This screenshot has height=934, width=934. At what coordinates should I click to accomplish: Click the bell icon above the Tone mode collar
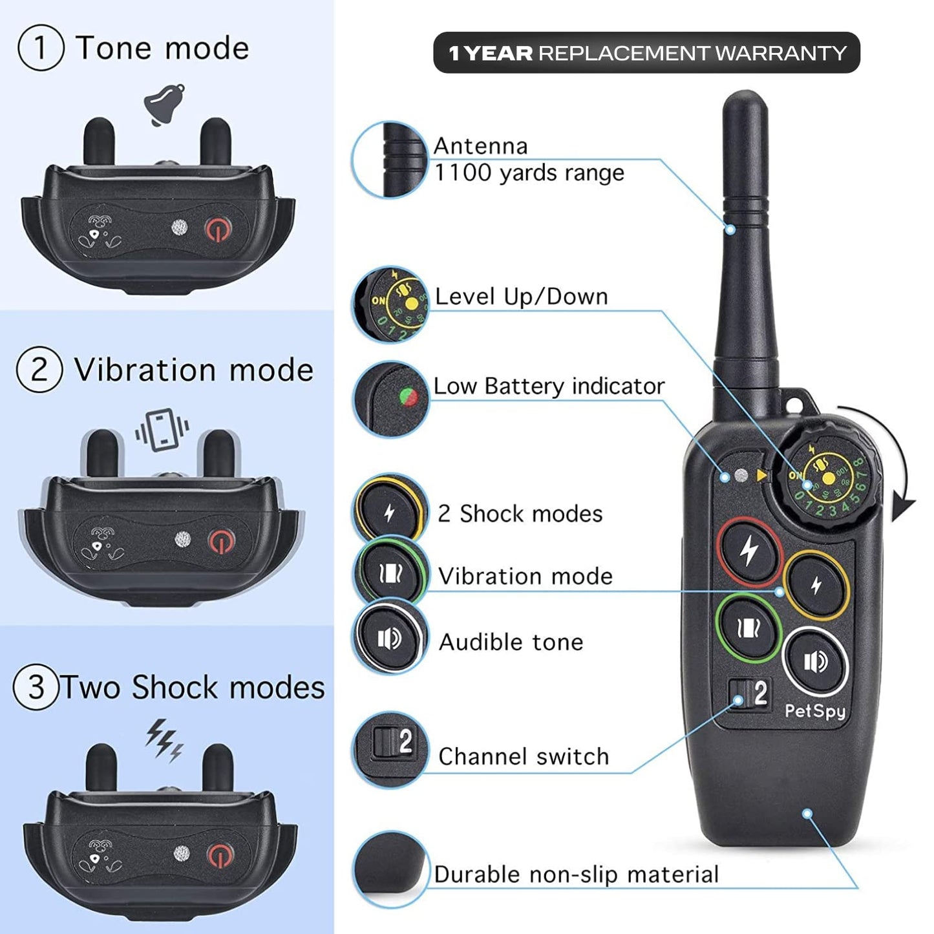point(164,105)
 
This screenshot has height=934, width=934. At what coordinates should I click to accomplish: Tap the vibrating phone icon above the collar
point(162,430)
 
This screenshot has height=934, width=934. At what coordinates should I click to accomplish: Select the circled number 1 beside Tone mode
point(41,47)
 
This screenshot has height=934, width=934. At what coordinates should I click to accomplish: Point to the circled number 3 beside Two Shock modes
point(36,687)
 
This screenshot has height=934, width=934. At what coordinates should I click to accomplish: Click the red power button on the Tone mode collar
point(218,229)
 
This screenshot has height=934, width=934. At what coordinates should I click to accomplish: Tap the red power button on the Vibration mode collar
point(221,542)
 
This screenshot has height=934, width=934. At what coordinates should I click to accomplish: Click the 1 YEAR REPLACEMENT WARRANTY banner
point(646,52)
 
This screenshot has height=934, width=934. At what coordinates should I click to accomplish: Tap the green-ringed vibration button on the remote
point(748,628)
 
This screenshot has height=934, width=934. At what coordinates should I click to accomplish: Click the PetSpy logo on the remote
point(814,711)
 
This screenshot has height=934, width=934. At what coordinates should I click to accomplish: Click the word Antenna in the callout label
point(480,146)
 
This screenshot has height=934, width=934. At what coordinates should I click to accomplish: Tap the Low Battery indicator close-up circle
point(390,399)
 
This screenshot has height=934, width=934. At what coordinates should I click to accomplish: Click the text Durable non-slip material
point(576,875)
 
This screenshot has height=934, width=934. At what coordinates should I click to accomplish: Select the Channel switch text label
point(524,756)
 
